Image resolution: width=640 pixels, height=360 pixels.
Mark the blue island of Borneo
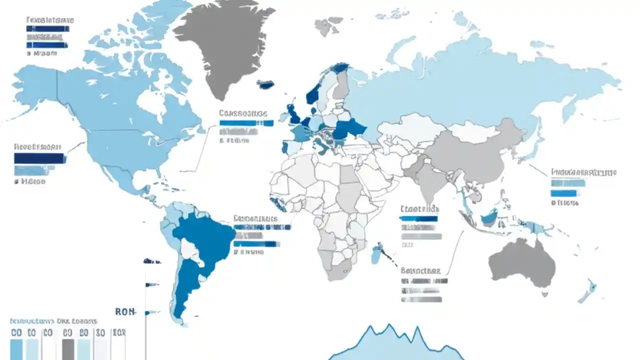pyautogui.click(x=489, y=217)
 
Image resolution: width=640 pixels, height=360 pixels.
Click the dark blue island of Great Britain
pyautogui.click(x=293, y=114)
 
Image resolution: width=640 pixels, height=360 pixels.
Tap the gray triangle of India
pyautogui.click(x=427, y=180)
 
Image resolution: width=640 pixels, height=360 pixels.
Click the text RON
pyautogui.click(x=125, y=311)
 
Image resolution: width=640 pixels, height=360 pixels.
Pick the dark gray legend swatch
pyautogui.click(x=68, y=349)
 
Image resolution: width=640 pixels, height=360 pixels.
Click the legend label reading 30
pyautogui.click(x=100, y=333)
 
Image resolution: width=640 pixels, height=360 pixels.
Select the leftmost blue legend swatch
pyautogui.click(x=16, y=349)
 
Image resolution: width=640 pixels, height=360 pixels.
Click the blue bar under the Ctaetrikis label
pyautogui.click(x=418, y=218)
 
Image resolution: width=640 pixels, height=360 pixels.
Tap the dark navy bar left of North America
pyautogui.click(x=40, y=158)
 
